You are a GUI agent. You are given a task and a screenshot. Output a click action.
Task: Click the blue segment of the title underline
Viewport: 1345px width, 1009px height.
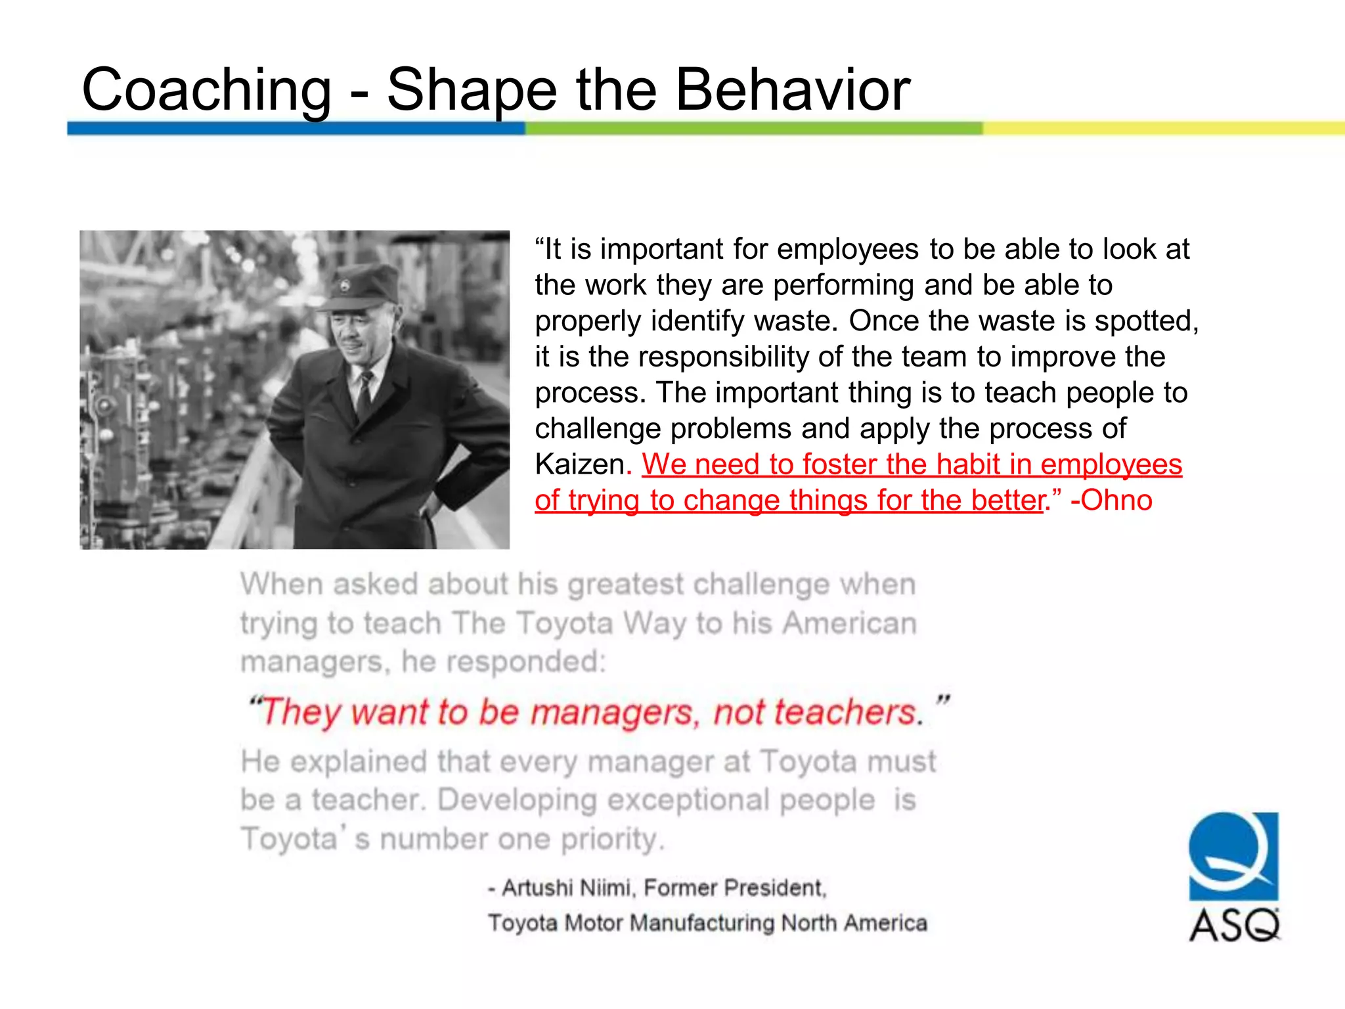coord(296,128)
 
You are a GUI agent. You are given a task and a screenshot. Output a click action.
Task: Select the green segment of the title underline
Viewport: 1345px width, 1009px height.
coord(753,128)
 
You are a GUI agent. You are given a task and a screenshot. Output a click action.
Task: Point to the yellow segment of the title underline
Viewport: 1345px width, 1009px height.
coord(1162,128)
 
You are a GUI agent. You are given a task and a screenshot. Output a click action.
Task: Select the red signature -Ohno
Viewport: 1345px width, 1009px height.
coord(1111,501)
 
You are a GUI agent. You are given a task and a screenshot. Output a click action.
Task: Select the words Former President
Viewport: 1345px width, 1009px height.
coord(734,888)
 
